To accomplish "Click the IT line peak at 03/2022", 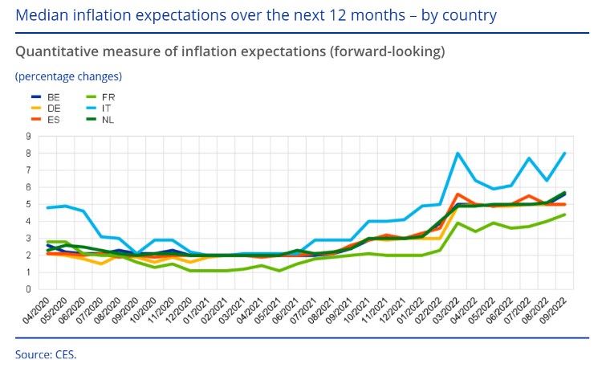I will [x=458, y=153].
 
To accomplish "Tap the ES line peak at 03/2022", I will [x=458, y=194].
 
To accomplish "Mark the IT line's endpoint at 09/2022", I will [x=566, y=153].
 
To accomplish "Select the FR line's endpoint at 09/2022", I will [x=566, y=215].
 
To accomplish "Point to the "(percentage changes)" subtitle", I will [x=68, y=76].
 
